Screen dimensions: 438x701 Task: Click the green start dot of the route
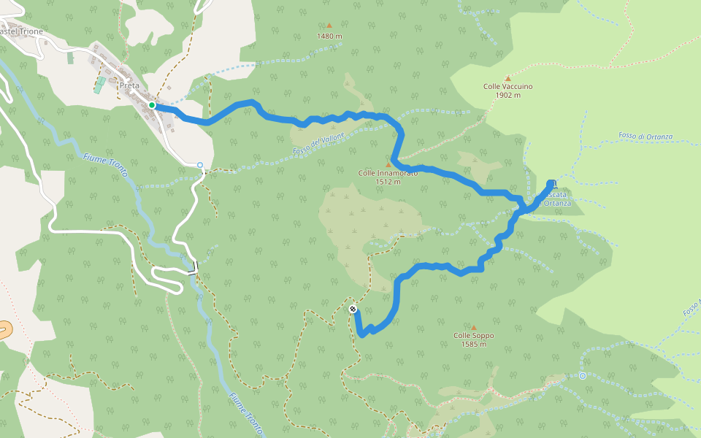coord(152,106)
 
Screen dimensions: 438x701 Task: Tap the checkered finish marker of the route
coord(353,310)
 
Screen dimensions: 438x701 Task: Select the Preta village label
coord(129,85)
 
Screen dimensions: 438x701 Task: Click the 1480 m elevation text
coord(329,36)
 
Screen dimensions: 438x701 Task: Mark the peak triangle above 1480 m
coord(329,26)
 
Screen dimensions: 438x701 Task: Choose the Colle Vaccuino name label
coord(507,86)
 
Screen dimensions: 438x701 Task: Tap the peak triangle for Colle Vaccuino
coord(507,77)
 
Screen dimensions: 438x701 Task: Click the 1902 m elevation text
coord(507,95)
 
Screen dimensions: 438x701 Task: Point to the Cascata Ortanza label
coord(555,199)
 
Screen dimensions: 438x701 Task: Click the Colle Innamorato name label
coord(388,173)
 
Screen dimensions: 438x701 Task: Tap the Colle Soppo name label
coord(473,336)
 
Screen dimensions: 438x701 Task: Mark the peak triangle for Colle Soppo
coord(473,327)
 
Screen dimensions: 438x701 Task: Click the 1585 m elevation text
coord(473,345)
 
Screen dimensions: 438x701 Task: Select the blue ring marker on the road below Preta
coord(200,165)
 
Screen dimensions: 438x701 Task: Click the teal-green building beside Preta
coord(99,85)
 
